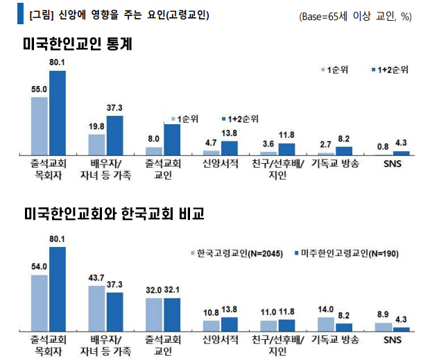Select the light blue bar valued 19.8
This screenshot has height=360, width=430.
click(96, 144)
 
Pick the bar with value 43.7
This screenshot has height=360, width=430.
click(96, 308)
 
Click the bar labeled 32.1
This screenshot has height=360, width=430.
click(171, 314)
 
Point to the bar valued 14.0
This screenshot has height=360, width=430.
click(325, 323)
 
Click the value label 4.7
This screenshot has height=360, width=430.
click(211, 144)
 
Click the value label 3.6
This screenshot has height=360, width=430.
click(268, 145)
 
